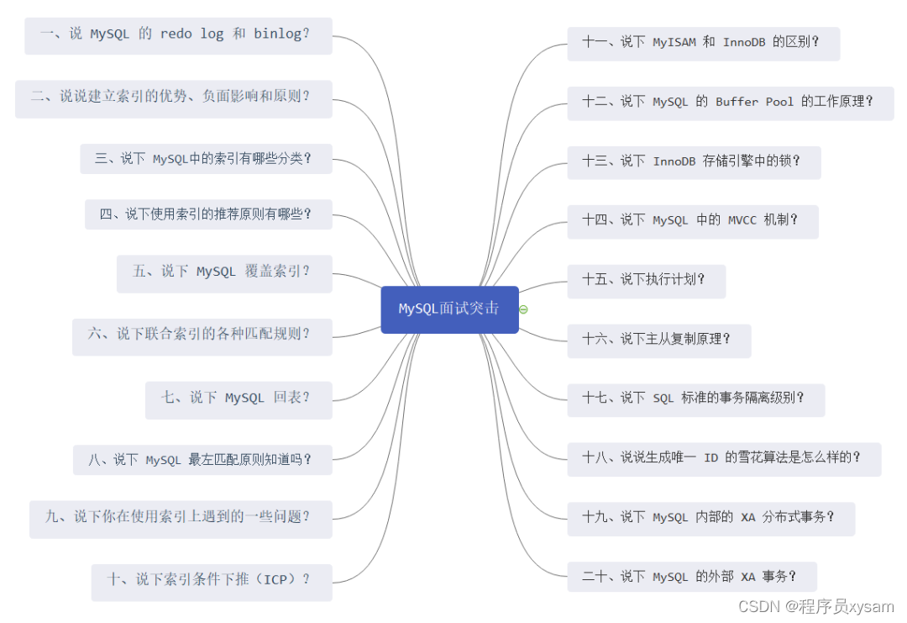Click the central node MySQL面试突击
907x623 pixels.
point(449,309)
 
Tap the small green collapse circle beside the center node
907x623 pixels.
point(524,309)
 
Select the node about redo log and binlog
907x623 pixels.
point(178,35)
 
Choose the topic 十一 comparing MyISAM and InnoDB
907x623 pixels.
point(703,43)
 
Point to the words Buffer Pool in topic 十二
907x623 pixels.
point(754,102)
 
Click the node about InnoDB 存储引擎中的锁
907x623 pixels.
point(694,161)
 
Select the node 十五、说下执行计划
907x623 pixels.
point(646,281)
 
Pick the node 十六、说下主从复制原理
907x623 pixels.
point(658,340)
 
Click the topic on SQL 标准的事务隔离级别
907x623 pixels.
point(695,399)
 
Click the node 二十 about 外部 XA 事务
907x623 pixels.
point(691,578)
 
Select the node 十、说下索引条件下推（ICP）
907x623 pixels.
point(212,580)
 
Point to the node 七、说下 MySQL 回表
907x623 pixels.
point(239,399)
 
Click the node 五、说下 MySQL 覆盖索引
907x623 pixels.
point(224,272)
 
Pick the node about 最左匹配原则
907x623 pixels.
point(202,460)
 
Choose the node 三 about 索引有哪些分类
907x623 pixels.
point(206,158)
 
